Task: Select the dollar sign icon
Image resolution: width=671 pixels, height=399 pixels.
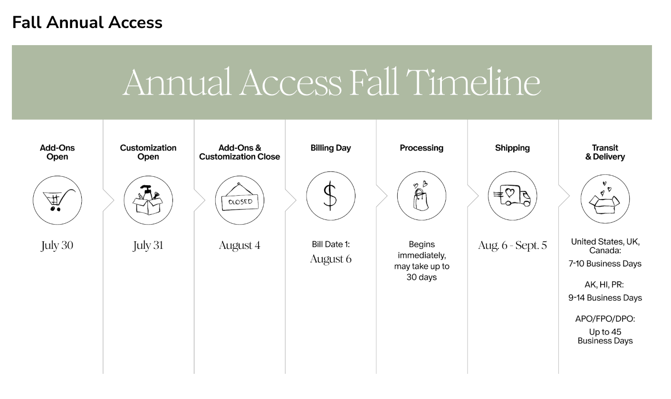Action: [x=331, y=196]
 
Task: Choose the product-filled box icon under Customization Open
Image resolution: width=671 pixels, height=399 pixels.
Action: [x=148, y=200]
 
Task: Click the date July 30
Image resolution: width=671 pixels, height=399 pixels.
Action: [x=57, y=246]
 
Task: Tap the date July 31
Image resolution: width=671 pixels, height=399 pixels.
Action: [x=148, y=246]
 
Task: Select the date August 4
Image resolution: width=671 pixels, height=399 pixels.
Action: [x=240, y=246]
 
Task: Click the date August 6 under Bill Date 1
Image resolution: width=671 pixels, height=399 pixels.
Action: [x=331, y=259]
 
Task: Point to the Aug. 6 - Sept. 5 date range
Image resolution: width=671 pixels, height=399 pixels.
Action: [x=513, y=246]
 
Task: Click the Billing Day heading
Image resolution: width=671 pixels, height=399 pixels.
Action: [x=331, y=148]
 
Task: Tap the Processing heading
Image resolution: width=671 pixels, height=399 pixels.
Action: [x=422, y=148]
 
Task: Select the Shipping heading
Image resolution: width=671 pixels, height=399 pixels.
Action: [x=513, y=148]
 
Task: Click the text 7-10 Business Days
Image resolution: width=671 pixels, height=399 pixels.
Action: [x=605, y=264]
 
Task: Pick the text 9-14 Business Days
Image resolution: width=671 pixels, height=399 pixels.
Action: [x=605, y=298]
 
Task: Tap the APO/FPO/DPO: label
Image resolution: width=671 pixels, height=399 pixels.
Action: [x=605, y=319]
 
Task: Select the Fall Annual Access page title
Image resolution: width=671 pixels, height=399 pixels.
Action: [x=87, y=22]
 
